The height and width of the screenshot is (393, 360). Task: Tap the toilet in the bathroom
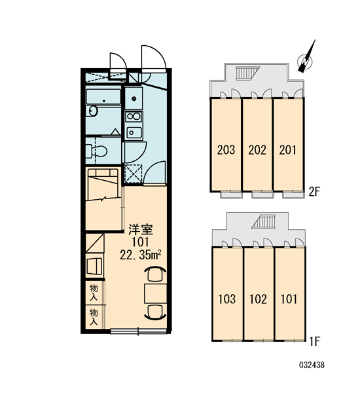point(97,151)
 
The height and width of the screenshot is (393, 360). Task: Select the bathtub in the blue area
point(103,97)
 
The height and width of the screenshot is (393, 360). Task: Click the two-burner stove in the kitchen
point(134,117)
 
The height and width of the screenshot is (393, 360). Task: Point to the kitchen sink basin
point(134,132)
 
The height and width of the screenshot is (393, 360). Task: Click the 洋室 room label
point(140,229)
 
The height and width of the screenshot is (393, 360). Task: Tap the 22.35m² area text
point(140,255)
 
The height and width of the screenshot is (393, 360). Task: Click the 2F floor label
point(314,192)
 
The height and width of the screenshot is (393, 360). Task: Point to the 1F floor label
point(314,341)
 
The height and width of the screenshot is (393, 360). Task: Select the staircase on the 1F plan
point(264,221)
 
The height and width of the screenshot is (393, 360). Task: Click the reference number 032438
point(312,365)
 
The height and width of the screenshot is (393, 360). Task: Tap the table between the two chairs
point(156,293)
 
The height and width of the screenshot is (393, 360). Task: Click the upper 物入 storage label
point(94,293)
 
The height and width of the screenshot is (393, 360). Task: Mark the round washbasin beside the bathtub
point(92,111)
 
